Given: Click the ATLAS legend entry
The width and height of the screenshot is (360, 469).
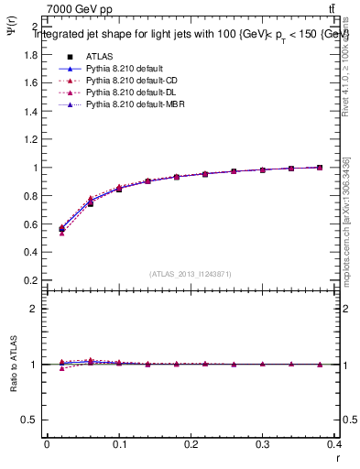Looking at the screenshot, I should [98, 56].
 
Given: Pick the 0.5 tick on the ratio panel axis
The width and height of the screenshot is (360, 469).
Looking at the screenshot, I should [34, 420].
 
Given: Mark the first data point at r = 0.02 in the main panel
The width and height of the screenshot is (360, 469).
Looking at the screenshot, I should [61, 228].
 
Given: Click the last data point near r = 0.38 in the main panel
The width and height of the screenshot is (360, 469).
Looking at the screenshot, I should [320, 168].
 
